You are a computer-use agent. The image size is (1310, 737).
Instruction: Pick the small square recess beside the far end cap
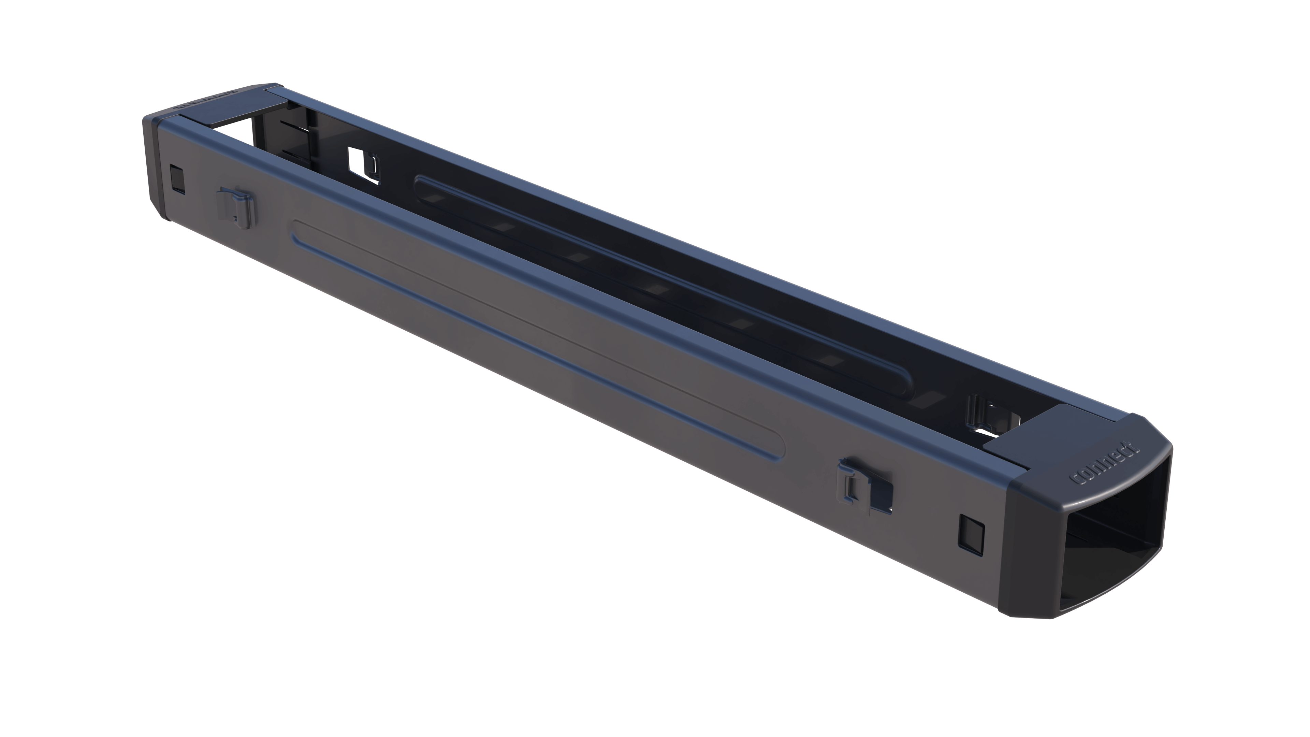(x=177, y=178)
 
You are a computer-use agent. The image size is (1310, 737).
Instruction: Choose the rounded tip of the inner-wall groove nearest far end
(x=420, y=183)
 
